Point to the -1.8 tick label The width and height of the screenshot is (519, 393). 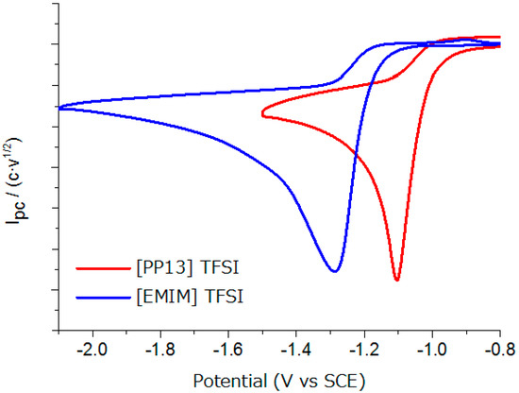click(x=159, y=348)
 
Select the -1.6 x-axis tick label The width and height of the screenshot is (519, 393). click(x=227, y=348)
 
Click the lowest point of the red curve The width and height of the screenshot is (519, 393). click(x=397, y=281)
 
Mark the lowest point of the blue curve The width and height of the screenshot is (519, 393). click(x=334, y=272)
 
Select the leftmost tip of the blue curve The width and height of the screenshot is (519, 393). click(x=59, y=108)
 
